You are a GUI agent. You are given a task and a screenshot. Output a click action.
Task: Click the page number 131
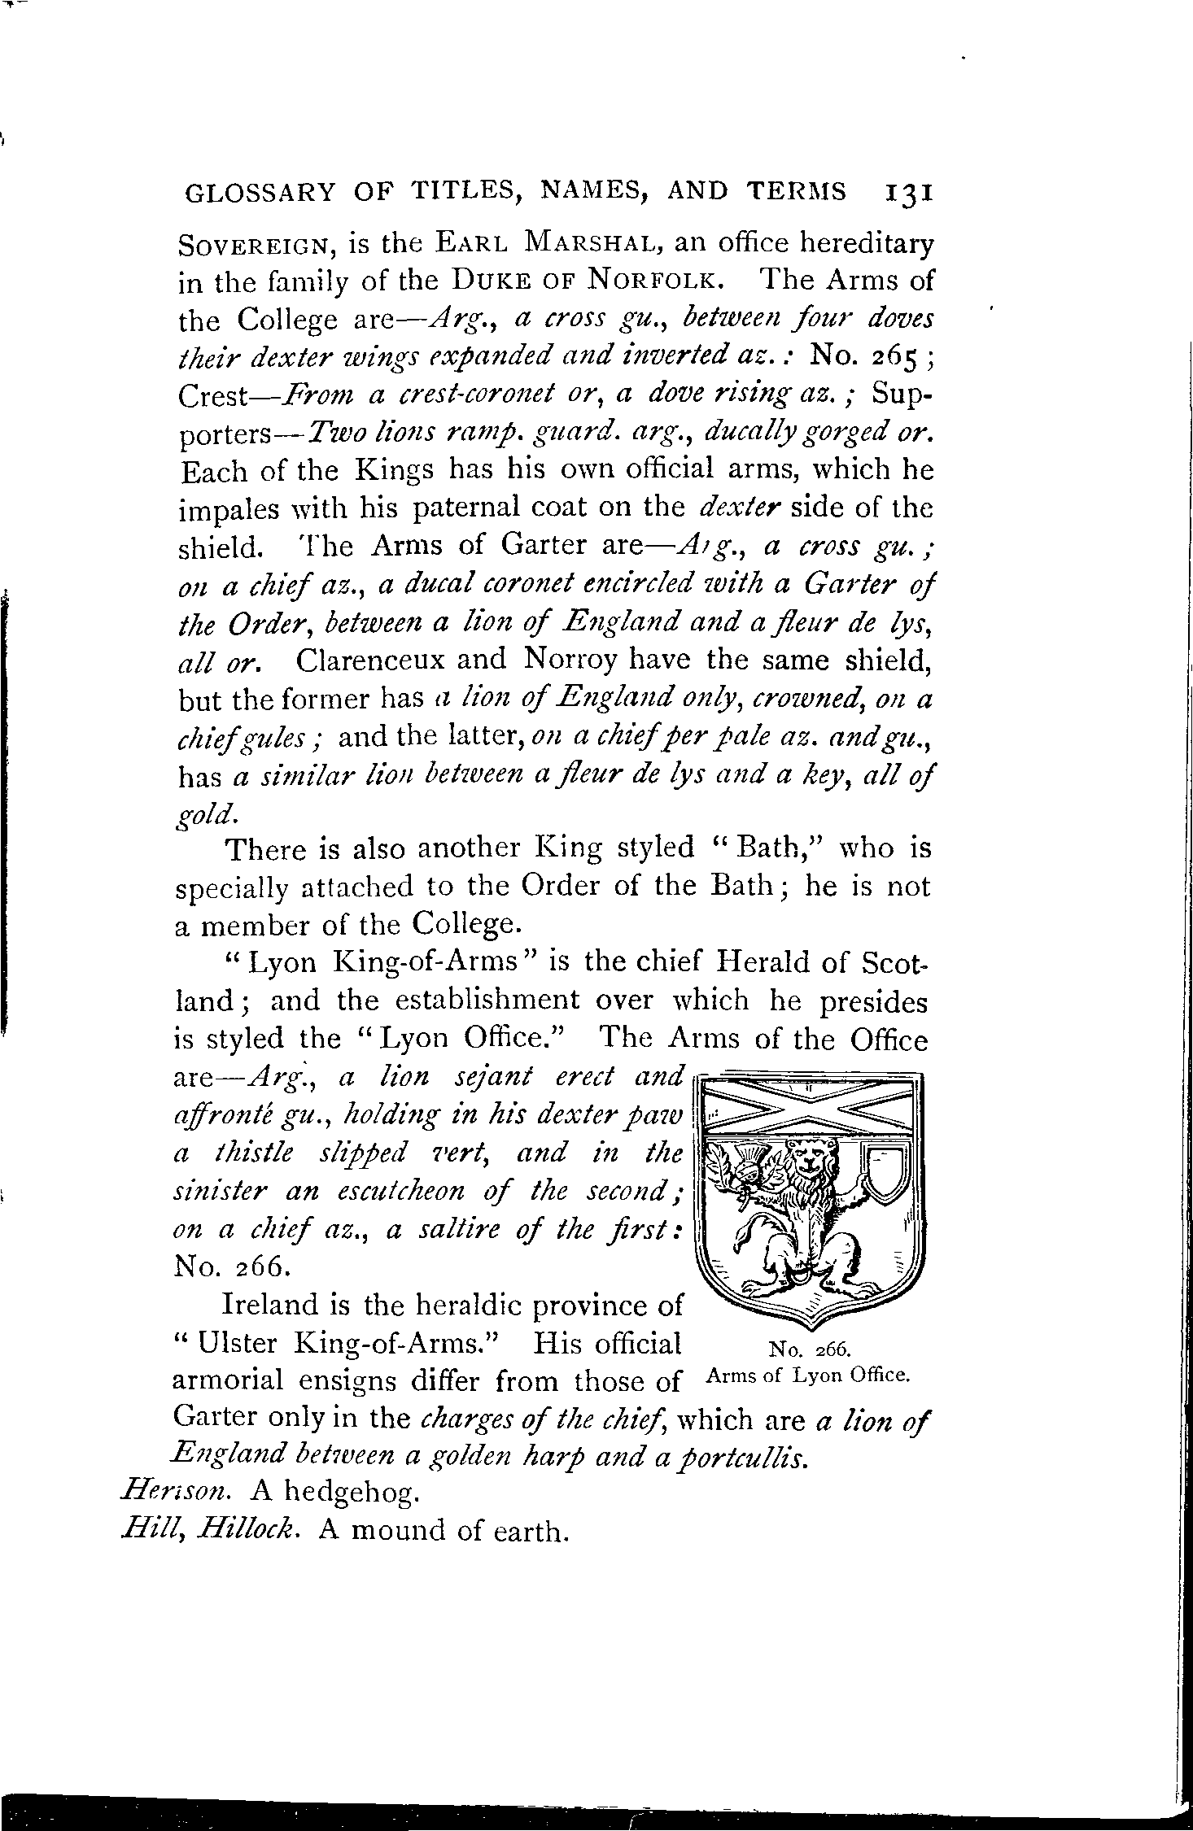click(x=907, y=194)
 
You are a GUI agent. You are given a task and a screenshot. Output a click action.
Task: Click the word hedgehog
click(x=352, y=1493)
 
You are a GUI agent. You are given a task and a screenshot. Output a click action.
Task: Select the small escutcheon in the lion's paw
click(x=883, y=1171)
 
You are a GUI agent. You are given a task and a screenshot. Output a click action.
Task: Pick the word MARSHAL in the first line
click(x=596, y=243)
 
